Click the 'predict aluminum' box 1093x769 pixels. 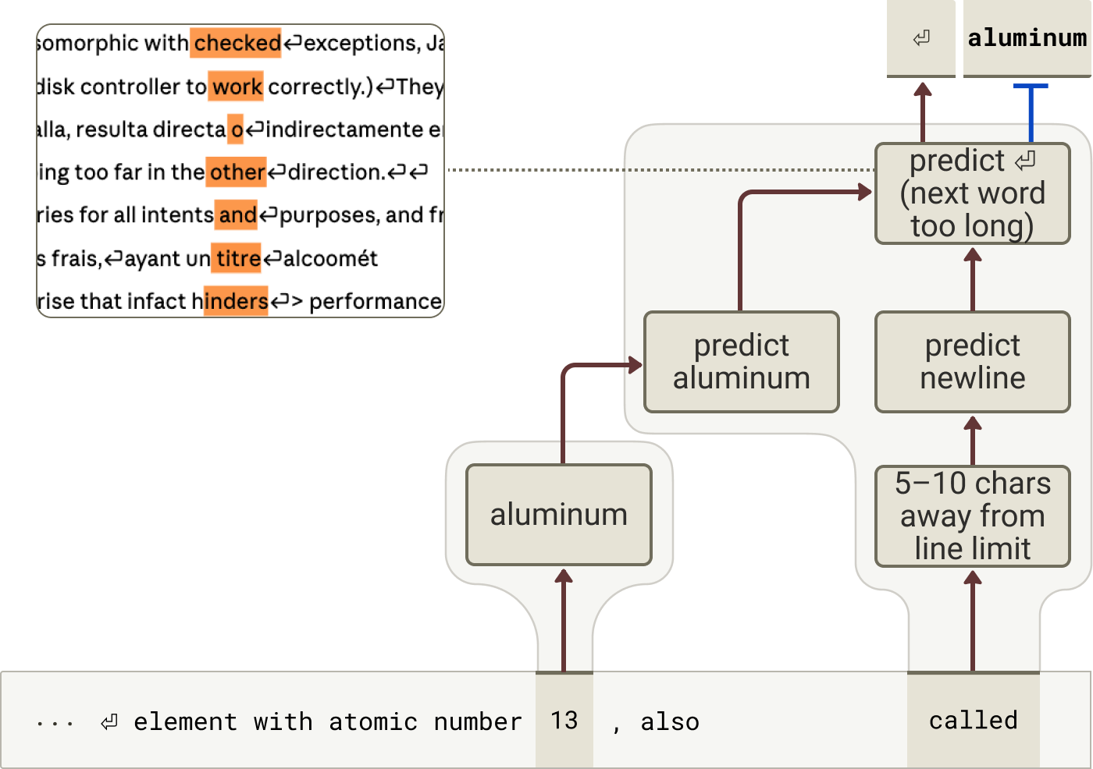click(741, 362)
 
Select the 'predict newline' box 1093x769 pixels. click(973, 362)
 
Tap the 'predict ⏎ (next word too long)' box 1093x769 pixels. click(973, 193)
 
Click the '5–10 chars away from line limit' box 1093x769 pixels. click(973, 516)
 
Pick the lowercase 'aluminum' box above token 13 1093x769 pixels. click(559, 515)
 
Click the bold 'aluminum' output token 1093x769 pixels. click(1027, 38)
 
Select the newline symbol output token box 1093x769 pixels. click(920, 38)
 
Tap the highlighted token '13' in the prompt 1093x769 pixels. click(564, 721)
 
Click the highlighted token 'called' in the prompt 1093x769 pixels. click(973, 721)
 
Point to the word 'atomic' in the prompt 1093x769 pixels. click(373, 721)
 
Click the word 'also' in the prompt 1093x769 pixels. click(670, 721)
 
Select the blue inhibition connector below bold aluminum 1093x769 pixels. click(1031, 113)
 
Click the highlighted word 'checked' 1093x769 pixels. click(236, 43)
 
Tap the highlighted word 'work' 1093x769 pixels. click(236, 87)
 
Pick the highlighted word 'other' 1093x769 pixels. click(236, 172)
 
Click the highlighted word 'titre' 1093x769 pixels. click(236, 258)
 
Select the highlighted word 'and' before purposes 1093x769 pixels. click(236, 215)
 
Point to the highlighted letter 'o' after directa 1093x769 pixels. click(235, 129)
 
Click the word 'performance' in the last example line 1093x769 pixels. click(376, 302)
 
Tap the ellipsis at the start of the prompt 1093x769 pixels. click(55, 724)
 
